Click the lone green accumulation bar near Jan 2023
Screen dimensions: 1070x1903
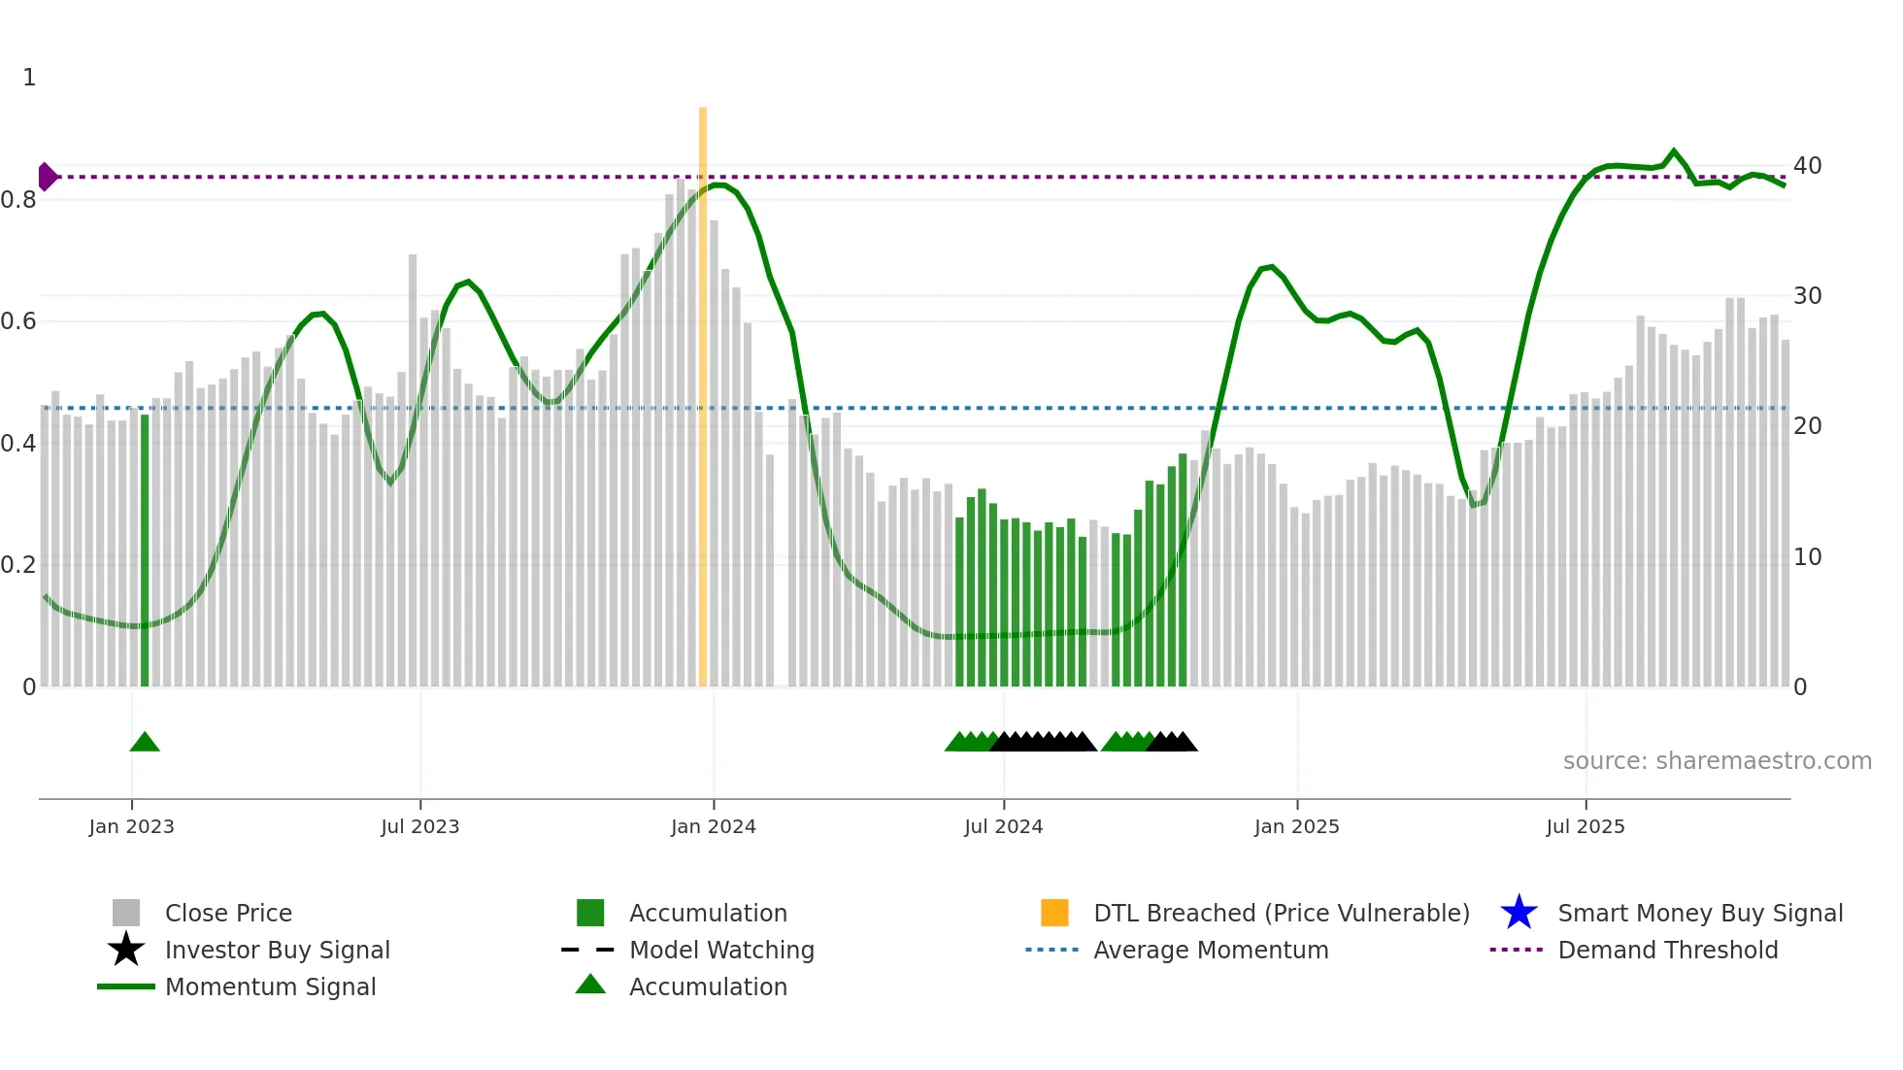(145, 550)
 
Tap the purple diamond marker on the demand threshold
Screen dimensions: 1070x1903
(47, 177)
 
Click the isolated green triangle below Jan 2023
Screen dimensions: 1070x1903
(145, 743)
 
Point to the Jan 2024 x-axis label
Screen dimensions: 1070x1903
(713, 827)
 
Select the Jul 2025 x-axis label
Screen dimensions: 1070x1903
(1585, 827)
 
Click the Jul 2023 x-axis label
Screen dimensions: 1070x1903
(419, 827)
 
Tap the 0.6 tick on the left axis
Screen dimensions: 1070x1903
(18, 321)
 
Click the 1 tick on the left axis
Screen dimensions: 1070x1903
(29, 78)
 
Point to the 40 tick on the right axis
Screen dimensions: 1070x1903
(1807, 166)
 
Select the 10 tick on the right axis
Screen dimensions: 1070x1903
(1807, 557)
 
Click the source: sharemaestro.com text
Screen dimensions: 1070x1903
(1717, 761)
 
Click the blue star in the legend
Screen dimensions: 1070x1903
(1519, 913)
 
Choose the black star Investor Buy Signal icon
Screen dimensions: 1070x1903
(126, 950)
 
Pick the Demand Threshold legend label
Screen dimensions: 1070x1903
(1667, 950)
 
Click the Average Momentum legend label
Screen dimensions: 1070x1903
(1210, 950)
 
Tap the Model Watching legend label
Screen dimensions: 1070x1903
(721, 950)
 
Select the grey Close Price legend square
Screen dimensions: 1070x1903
(126, 913)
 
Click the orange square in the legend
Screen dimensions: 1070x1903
(1054, 913)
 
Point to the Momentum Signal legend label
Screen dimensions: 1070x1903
(270, 986)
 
